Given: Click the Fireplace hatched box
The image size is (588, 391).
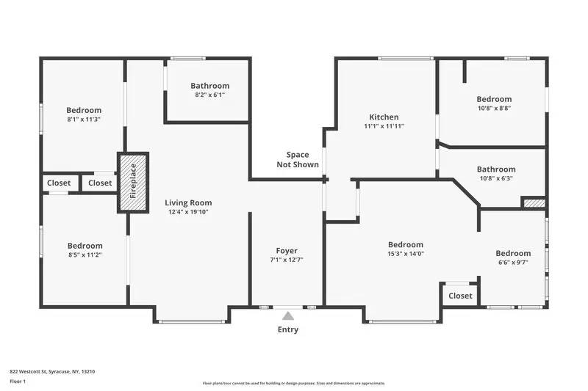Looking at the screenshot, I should (x=133, y=183).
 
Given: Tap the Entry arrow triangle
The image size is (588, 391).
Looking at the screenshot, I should (x=288, y=315).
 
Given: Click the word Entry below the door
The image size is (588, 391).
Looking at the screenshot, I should (x=288, y=330).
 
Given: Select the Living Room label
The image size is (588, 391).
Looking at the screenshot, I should (x=188, y=203).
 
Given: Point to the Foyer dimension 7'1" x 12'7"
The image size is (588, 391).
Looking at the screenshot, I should (x=287, y=260).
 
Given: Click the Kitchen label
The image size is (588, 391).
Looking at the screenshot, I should (x=384, y=117).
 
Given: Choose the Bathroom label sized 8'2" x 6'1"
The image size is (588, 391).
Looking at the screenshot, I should (x=209, y=86).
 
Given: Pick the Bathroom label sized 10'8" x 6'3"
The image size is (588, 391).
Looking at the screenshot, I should (x=496, y=169).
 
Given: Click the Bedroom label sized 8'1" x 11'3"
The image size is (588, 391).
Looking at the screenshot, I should (x=84, y=111).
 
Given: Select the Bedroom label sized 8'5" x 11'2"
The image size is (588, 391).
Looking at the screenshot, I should (x=85, y=246).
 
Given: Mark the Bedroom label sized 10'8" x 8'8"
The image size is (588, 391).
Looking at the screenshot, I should (x=494, y=99).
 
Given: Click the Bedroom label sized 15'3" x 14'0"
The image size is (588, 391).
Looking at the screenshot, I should (x=406, y=245).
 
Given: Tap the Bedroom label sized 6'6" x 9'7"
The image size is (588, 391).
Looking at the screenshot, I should (x=513, y=253).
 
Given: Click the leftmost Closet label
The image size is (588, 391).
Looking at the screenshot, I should (x=59, y=183).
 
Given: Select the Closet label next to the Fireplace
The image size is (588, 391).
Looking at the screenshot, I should (x=100, y=183).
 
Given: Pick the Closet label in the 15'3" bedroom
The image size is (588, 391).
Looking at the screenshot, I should (x=460, y=296).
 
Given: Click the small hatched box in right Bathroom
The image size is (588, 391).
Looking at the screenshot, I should (x=534, y=202).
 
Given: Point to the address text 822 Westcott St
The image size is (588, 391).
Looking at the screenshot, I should (x=51, y=371).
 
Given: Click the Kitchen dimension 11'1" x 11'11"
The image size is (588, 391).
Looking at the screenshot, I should (x=384, y=126).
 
